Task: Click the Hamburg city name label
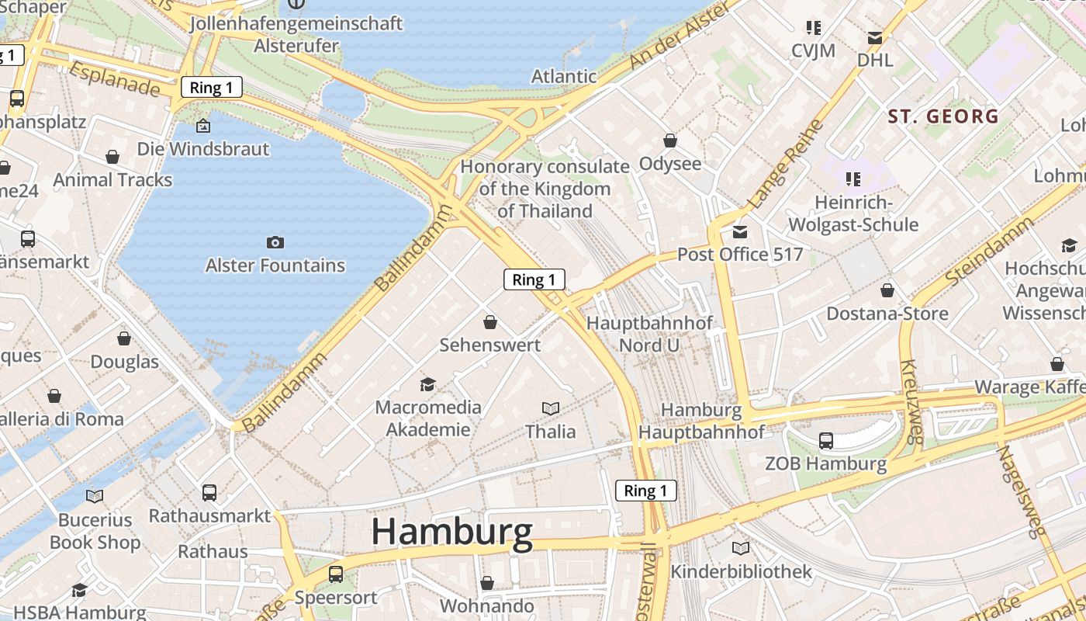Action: point(451,533)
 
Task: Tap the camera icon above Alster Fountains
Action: point(275,243)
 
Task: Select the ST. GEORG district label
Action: point(943,117)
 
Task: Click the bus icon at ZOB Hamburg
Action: point(826,441)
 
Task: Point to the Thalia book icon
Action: point(551,408)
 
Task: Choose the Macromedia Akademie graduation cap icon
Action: point(427,384)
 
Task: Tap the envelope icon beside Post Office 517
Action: point(740,232)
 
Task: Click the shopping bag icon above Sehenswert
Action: point(490,321)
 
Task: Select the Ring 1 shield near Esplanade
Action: point(212,88)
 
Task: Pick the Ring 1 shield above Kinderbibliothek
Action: point(645,491)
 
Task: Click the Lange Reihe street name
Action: point(785,165)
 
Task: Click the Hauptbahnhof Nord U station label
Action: point(649,334)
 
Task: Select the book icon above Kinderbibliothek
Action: point(741,549)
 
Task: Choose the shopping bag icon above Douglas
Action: point(124,338)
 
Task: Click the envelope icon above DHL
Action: point(875,38)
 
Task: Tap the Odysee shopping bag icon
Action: point(670,141)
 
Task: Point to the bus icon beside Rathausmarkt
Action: point(209,492)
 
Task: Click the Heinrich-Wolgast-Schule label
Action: point(853,213)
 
